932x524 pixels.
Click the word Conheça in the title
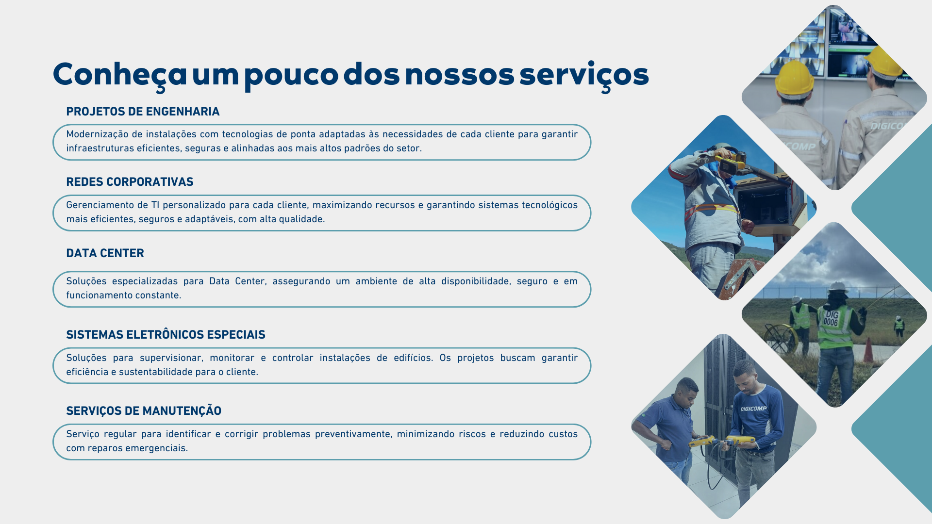tap(120, 76)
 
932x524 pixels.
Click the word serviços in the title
tap(584, 76)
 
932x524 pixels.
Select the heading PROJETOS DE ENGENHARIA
tap(143, 112)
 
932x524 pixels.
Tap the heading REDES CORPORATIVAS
tap(130, 182)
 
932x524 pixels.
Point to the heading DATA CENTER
tap(105, 253)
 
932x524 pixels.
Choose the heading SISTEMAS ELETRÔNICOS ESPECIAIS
tap(166, 335)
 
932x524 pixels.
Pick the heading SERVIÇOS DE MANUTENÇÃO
tap(144, 411)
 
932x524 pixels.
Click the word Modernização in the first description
tap(97, 134)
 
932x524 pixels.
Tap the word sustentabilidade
tap(155, 372)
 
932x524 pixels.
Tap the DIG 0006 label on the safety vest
tap(831, 318)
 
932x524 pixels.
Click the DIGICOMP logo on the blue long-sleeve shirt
tap(753, 409)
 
